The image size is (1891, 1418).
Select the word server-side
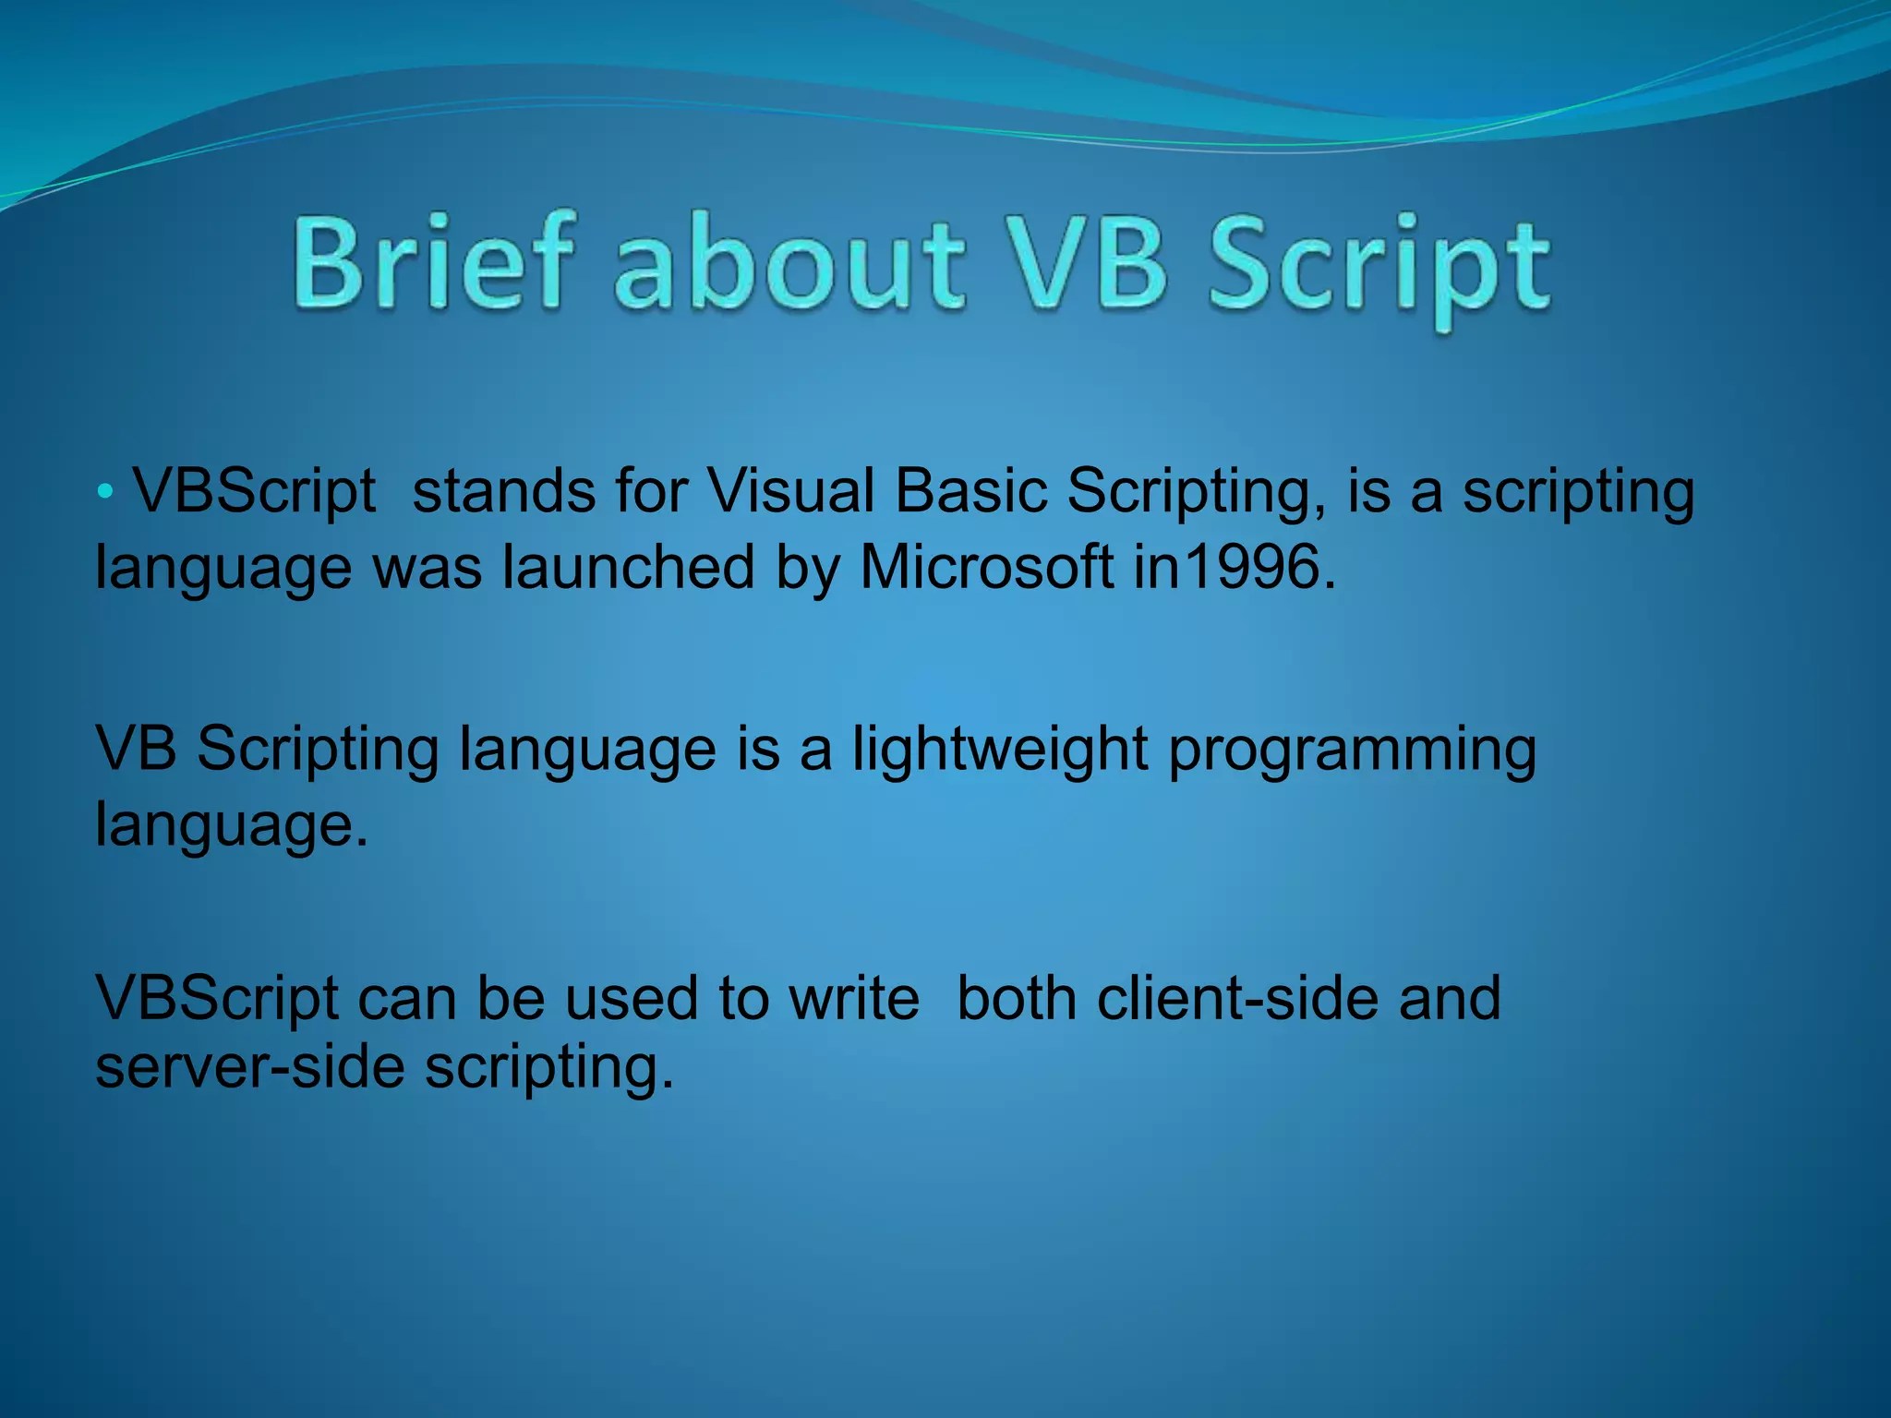[250, 1067]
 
